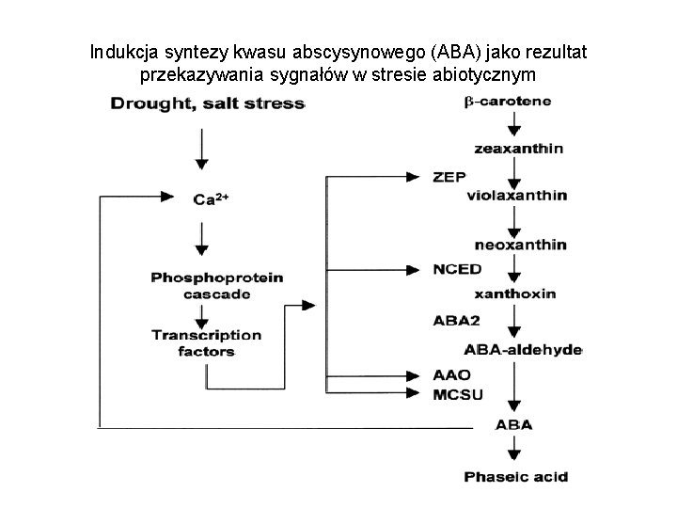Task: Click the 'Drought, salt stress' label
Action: click(208, 103)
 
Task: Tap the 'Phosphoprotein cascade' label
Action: click(203, 285)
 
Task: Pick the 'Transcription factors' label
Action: click(207, 342)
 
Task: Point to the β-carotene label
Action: click(508, 101)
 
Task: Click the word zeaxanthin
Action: click(519, 148)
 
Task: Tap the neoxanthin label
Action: click(521, 245)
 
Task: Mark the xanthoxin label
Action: click(515, 294)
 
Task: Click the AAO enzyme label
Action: click(452, 374)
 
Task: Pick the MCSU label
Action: click(458, 393)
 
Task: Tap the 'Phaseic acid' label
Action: click(516, 477)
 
